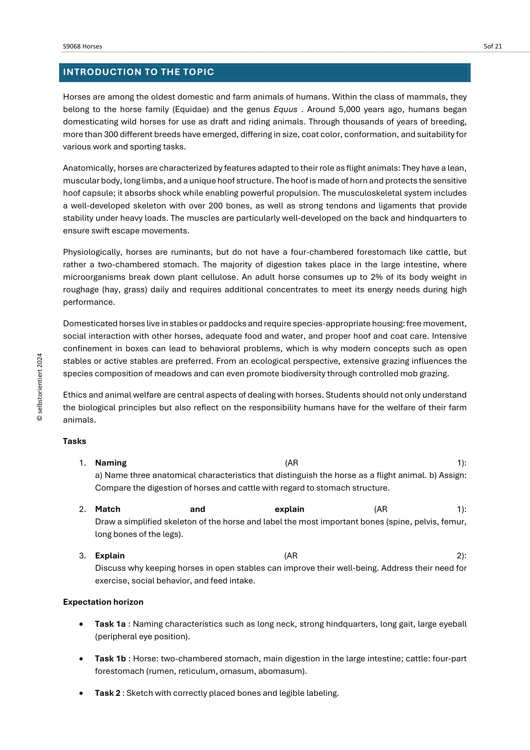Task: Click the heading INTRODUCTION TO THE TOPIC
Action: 138,72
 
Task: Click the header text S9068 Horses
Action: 82,46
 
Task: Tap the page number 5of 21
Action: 493,46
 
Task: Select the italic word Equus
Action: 285,109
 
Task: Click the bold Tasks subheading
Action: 74,441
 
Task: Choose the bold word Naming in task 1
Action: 111,463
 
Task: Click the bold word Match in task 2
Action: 108,509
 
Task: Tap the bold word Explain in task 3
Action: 110,556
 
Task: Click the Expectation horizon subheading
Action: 103,602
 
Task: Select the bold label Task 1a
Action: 110,624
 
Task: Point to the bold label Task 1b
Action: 110,659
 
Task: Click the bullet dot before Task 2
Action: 81,693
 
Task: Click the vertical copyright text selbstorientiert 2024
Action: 40,387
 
